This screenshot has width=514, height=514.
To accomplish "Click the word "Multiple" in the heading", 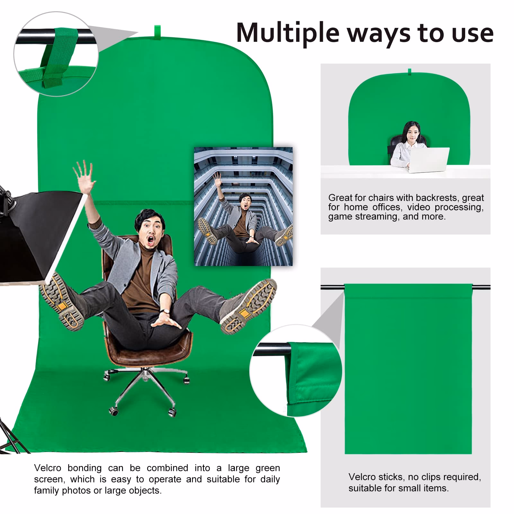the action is (288, 33).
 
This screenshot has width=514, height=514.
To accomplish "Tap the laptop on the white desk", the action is (429, 160).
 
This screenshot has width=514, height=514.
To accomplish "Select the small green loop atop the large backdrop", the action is (157, 31).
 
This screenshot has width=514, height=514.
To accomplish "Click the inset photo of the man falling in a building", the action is (243, 207).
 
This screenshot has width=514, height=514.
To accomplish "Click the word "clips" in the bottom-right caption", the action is (420, 477).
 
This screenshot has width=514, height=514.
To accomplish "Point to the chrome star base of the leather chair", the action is (145, 390).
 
